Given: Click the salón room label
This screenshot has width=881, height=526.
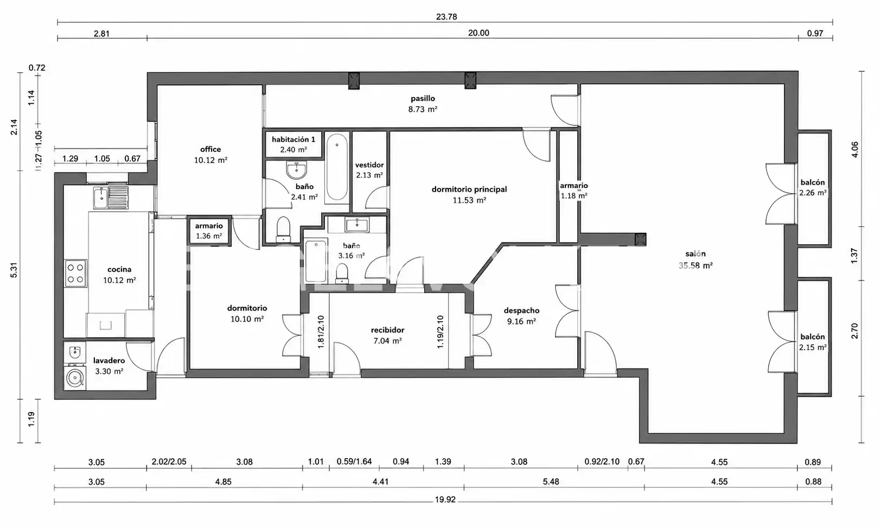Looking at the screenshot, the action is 695,254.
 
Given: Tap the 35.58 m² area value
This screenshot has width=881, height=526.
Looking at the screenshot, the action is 695,265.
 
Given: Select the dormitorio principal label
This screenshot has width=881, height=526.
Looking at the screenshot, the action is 469,189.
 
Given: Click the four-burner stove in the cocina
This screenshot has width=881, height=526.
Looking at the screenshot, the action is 75,274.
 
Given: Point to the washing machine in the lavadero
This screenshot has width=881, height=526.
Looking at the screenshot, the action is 75,378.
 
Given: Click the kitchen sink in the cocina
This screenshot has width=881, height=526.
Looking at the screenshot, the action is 111,198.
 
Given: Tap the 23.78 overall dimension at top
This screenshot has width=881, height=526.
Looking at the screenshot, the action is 446,17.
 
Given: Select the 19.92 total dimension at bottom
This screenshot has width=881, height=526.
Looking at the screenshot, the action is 445,499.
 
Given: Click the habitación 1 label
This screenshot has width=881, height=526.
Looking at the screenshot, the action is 293,140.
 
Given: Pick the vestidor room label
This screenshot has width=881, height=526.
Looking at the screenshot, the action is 369,165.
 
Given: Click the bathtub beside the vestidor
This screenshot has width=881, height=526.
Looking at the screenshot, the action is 337,167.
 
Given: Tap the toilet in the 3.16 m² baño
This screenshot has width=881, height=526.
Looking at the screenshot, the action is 342,273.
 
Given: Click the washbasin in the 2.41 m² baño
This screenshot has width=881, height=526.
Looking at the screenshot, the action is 296,170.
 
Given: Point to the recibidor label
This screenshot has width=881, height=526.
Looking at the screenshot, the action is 387,330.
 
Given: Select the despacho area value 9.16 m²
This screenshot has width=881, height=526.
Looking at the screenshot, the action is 521,321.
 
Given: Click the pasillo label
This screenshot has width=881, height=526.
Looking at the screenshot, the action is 423,98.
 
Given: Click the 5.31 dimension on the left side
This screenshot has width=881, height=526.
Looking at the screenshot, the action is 14,270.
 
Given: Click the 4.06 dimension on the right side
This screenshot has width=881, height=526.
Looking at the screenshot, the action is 854,149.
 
